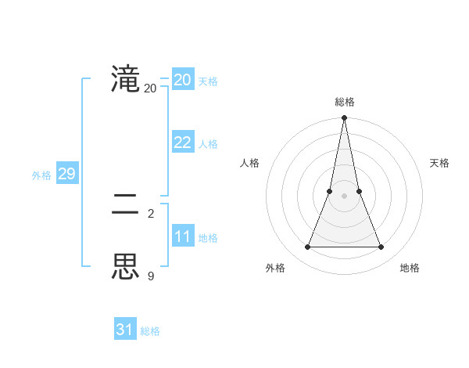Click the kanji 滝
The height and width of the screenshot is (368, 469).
point(125,79)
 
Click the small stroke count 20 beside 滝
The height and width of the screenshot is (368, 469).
point(150,88)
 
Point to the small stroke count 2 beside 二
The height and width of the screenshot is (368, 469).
point(150,214)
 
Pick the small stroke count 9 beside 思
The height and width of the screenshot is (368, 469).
point(150,276)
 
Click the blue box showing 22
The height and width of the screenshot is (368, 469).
point(183,143)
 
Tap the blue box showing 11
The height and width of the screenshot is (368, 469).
point(183,236)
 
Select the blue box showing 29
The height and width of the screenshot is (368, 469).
point(66,174)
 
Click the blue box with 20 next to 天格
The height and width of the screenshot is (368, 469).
point(183,80)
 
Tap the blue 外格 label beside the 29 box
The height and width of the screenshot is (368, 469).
point(41,175)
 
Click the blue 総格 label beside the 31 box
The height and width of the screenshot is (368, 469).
point(150,331)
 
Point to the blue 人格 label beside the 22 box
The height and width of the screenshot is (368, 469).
point(208,144)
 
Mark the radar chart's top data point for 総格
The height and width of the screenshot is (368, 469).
point(344,118)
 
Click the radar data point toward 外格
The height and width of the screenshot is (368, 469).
point(307,247)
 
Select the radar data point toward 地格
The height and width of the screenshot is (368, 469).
point(381,247)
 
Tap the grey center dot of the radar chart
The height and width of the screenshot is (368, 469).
point(344,196)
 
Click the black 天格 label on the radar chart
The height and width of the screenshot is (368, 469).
point(439,163)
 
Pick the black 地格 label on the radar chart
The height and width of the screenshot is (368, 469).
point(410,268)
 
